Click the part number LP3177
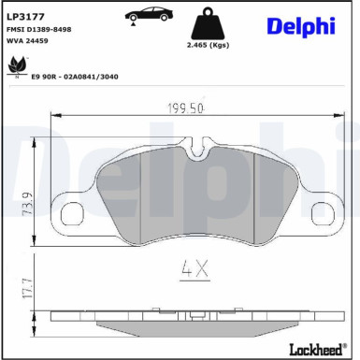coord(23,17)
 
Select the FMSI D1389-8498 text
coord(38,30)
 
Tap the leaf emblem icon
coord(16,65)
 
